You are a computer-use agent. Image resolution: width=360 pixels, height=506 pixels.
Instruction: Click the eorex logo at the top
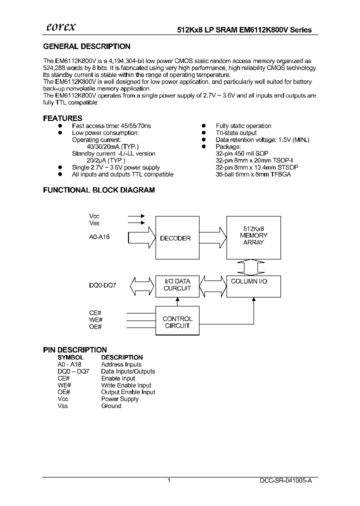61,28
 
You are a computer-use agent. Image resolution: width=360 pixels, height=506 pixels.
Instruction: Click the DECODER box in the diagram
175,238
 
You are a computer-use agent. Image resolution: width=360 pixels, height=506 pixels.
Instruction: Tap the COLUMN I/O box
253,285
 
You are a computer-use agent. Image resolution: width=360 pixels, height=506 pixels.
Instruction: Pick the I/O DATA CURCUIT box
177,285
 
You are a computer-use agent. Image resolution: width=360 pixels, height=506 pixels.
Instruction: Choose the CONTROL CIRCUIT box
177,322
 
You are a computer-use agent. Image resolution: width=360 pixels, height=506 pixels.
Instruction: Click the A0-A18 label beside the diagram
99,237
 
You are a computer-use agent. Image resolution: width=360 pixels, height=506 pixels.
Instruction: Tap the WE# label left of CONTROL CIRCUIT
95,319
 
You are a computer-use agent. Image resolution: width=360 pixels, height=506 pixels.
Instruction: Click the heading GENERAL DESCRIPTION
87,46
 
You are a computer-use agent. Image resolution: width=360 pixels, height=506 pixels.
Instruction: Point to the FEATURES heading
62,118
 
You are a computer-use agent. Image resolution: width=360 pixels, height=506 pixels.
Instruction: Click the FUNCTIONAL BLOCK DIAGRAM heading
99,190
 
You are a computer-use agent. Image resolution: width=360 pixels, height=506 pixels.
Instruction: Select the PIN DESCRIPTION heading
75,350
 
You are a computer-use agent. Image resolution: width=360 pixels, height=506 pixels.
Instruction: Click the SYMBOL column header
70,357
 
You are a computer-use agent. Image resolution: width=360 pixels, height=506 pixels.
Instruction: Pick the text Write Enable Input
126,385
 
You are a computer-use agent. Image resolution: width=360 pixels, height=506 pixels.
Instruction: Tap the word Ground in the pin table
111,406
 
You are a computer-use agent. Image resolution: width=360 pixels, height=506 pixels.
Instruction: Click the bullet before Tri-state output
204,133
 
